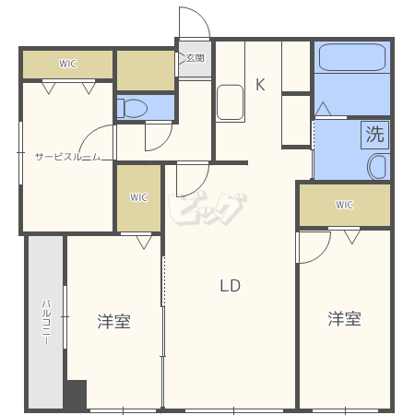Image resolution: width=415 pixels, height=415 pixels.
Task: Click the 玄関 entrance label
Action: pos(196,58)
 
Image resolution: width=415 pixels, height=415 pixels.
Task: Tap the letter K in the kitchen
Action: pos(260,84)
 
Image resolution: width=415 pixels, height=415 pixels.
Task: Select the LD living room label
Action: pos(231,286)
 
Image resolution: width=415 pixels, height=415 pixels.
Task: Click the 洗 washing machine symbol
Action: pos(374,135)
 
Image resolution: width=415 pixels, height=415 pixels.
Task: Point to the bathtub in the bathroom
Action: pos(352,57)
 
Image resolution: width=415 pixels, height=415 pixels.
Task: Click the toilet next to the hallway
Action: pos(133,108)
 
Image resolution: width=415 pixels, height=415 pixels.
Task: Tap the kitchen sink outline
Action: pos(230,102)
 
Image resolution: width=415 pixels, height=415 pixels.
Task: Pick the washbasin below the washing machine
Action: pos(377,166)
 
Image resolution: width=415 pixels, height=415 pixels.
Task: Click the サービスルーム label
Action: pos(67,157)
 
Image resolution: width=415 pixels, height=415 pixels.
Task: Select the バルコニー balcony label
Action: pos(46,322)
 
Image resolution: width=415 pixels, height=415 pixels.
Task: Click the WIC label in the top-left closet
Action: pos(67,64)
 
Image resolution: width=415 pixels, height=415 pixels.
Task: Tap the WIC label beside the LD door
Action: pos(138,197)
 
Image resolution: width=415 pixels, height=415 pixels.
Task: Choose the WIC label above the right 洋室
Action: pos(344,205)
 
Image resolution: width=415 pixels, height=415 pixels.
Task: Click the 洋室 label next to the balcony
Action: pos(114,322)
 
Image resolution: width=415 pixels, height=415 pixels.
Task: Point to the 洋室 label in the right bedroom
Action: pos(344,318)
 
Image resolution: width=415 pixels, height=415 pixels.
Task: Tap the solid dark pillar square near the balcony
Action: pos(76,395)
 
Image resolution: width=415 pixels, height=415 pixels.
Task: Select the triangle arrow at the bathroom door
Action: pos(323,109)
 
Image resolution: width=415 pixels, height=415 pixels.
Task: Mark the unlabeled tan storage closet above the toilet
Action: pos(146,70)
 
